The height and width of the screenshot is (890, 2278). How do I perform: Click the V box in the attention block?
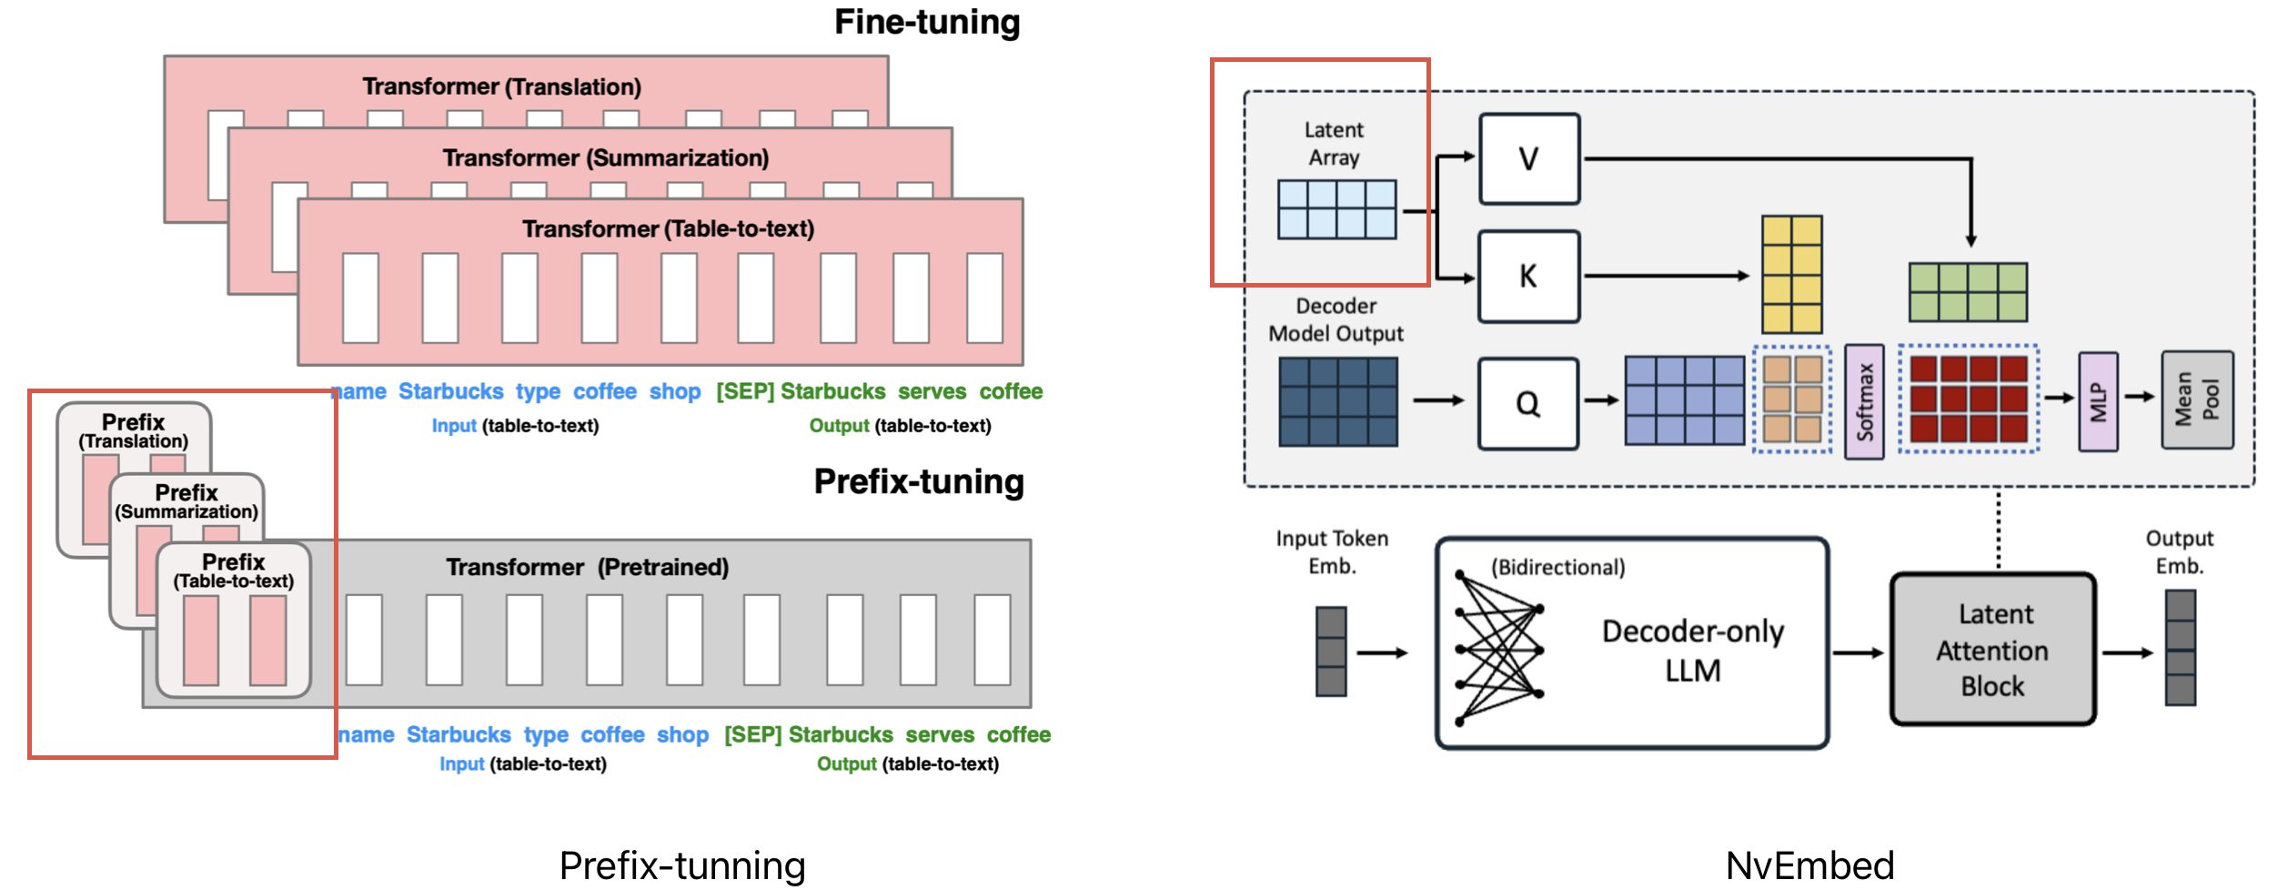pyautogui.click(x=1528, y=158)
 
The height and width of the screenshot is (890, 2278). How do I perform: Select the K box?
pyautogui.click(x=1528, y=276)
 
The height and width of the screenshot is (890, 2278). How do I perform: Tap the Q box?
pyautogui.click(x=1527, y=403)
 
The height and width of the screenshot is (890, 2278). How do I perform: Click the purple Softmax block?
pyautogui.click(x=1864, y=401)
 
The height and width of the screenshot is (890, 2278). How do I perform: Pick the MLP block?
pyautogui.click(x=2098, y=401)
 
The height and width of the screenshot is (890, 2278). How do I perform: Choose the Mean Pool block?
pyautogui.click(x=2197, y=399)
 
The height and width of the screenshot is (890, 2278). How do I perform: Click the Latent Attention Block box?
pyautogui.click(x=1992, y=649)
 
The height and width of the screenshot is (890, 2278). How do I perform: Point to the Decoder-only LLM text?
pyautogui.click(x=1692, y=650)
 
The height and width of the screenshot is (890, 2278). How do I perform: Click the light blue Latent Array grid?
pyautogui.click(x=1336, y=209)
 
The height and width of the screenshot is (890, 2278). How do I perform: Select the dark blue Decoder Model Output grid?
pyautogui.click(x=1337, y=401)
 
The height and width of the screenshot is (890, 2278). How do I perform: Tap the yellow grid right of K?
pyautogui.click(x=1791, y=274)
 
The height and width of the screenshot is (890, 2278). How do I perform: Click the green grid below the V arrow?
pyautogui.click(x=1967, y=292)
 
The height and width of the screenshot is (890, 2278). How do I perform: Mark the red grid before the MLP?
pyautogui.click(x=1968, y=399)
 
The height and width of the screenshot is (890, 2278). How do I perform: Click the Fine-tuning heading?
pyautogui.click(x=926, y=22)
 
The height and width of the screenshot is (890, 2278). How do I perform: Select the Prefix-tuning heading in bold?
pyautogui.click(x=918, y=481)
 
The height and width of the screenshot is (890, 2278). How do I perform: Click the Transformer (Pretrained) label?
pyautogui.click(x=587, y=567)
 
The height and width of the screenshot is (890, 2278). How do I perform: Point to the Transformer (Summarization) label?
pyautogui.click(x=605, y=158)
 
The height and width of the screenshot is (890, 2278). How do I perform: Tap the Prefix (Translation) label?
pyautogui.click(x=133, y=431)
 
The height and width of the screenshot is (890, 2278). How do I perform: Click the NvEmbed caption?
pyautogui.click(x=1809, y=865)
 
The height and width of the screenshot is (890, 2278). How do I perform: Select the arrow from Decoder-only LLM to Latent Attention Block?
pyautogui.click(x=1857, y=652)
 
